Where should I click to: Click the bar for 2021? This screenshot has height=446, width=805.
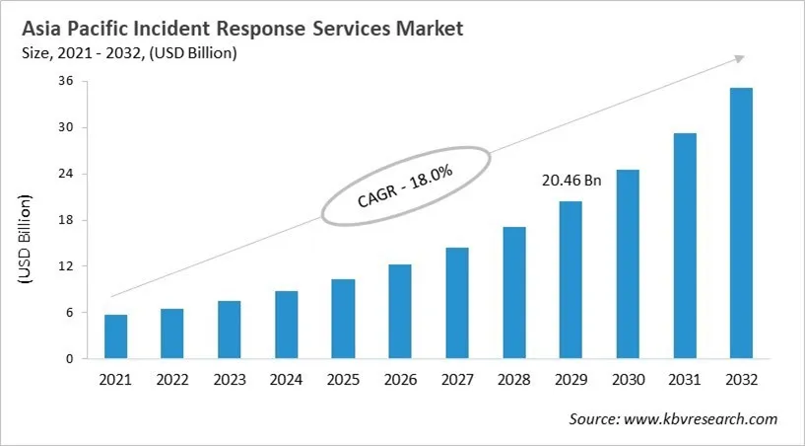[115, 336]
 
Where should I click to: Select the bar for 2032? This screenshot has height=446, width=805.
[741, 223]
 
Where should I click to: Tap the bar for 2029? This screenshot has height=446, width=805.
[570, 280]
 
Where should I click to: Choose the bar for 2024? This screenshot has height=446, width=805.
[286, 325]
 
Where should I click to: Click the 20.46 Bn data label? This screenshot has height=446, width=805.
[571, 181]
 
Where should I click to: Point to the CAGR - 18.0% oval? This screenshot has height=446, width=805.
[404, 186]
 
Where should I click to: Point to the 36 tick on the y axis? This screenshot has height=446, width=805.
[67, 81]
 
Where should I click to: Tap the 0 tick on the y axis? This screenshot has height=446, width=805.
[70, 359]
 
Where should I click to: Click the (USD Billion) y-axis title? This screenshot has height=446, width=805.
[25, 240]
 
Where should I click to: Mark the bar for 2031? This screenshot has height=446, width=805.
[684, 246]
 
